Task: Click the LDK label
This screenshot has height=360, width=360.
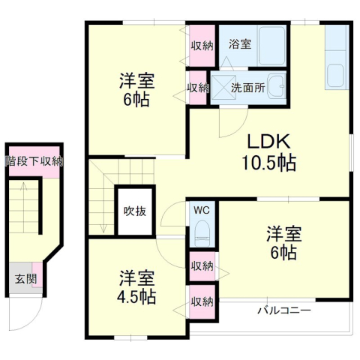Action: tap(269, 142)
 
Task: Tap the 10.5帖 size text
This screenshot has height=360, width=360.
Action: tap(269, 163)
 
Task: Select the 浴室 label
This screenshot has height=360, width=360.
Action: tap(240, 44)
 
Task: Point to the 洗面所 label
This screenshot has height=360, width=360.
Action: tap(248, 88)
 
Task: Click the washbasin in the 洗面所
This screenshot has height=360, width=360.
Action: tap(277, 86)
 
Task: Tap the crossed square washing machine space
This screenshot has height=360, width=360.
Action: tap(223, 88)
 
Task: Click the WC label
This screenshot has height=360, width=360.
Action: tap(202, 211)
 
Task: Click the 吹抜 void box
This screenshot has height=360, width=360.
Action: tap(135, 211)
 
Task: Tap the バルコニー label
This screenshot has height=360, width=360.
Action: tap(284, 310)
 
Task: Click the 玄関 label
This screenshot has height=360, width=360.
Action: tap(25, 279)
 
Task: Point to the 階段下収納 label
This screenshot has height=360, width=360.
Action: tap(34, 161)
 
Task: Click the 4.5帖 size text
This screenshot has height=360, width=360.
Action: tap(136, 297)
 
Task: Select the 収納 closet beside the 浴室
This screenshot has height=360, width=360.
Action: tap(202, 46)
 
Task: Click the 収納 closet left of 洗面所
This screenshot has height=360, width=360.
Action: tap(198, 88)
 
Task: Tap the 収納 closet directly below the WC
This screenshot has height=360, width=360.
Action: tap(202, 266)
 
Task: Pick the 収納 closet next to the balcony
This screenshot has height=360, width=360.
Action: tap(202, 302)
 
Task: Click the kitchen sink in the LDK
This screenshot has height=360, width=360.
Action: tap(335, 73)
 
